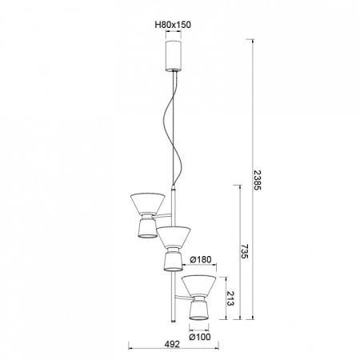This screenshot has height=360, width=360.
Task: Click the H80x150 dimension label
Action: coord(173,25)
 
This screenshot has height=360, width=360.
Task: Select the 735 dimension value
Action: coord(245,251)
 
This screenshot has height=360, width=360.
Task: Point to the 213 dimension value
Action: coord(230,298)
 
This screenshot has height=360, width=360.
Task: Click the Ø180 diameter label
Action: coord(201,259)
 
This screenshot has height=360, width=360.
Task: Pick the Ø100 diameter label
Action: coord(200,337)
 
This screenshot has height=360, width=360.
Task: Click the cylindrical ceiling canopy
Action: coord(174,56)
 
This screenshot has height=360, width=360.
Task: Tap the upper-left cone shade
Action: coord(147,203)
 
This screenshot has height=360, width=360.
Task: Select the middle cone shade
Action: coord(174,237)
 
